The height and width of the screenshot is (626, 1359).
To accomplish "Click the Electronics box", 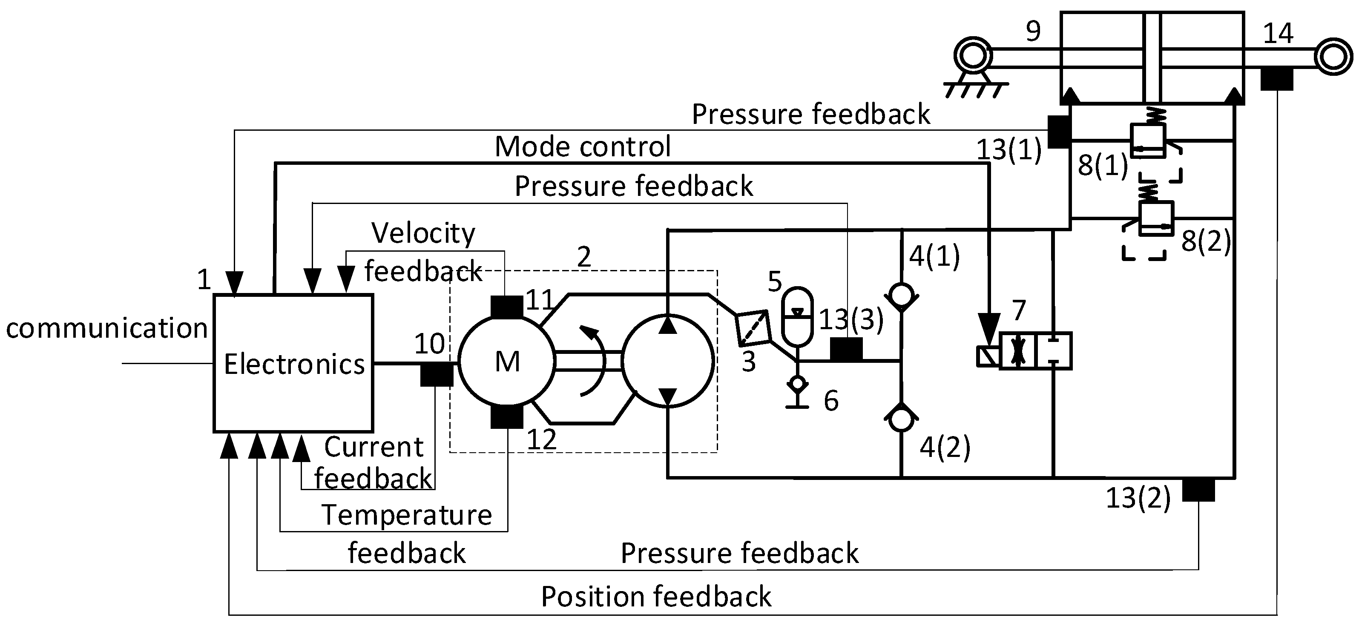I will [x=293, y=363].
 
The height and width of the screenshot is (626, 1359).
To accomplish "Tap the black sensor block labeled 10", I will [x=436, y=374].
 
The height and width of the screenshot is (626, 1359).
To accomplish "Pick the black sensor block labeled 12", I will [x=506, y=416].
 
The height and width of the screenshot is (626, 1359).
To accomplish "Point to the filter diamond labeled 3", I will [x=753, y=328].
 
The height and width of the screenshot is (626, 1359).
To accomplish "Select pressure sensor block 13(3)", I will [x=846, y=349].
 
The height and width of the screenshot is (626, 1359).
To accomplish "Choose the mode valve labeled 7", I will [x=1035, y=351].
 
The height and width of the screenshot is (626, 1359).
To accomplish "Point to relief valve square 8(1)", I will [x=1147, y=140].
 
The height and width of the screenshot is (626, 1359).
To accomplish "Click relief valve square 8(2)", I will [x=1156, y=218].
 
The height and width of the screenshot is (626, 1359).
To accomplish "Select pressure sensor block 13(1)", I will [x=1058, y=131].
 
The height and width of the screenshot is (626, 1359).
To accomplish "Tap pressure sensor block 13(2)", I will [x=1198, y=489].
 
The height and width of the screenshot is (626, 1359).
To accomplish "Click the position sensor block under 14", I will [x=1277, y=80].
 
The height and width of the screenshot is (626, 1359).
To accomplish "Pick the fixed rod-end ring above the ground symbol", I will [x=973, y=55].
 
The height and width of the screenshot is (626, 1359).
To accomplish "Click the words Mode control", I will [x=583, y=146].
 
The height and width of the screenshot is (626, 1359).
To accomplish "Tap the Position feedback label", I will [x=656, y=597].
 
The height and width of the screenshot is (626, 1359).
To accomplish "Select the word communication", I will [x=107, y=328].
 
